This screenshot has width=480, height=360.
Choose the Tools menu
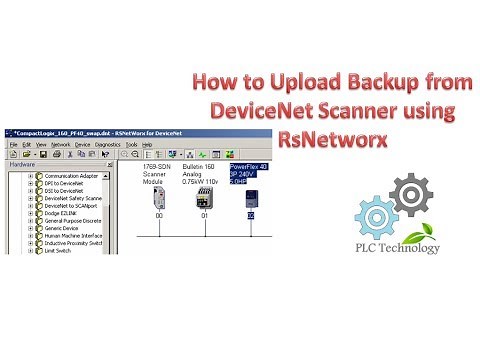pyautogui.click(x=146, y=144)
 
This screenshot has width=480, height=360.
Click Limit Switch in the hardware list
pyautogui.click(x=61, y=250)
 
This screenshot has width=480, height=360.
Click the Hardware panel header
pyautogui.click(x=21, y=164)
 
